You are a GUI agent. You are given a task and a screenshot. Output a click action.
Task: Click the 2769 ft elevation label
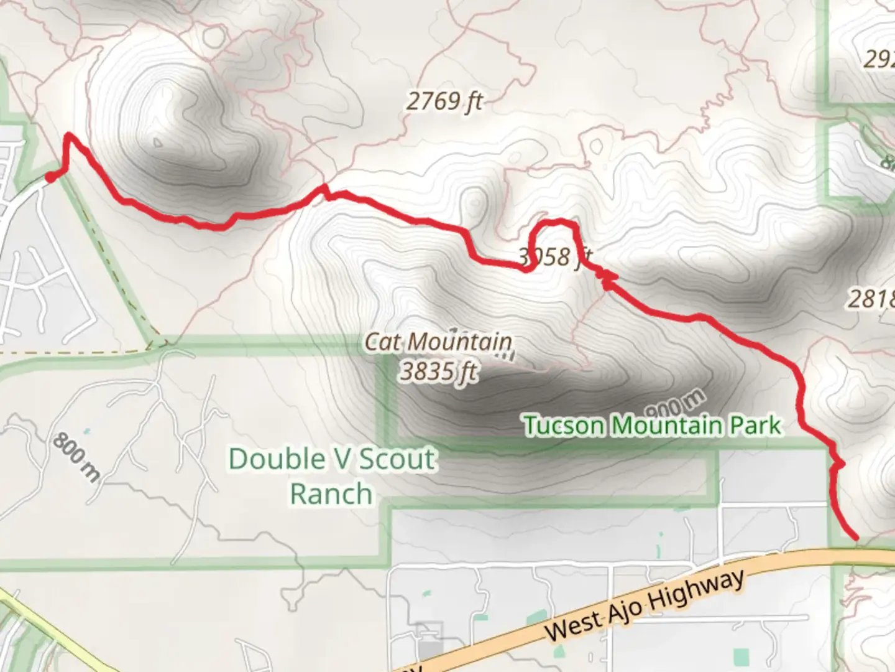coord(444,101)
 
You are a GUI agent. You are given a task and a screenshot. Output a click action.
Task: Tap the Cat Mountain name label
coord(438,342)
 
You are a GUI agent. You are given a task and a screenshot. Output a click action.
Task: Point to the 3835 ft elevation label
coord(439,371)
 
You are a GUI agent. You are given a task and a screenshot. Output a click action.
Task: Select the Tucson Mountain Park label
coord(653,426)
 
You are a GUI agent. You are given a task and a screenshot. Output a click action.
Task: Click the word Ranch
coord(331,494)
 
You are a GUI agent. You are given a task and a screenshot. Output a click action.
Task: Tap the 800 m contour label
coord(76,457)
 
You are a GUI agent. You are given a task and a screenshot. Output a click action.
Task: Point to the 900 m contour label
coord(676,404)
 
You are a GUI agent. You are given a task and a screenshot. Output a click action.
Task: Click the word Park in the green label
coord(755,425)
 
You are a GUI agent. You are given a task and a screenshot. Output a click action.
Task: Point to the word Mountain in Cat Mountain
coord(461,342)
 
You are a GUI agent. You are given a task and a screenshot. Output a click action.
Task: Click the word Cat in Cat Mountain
coord(379,341)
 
